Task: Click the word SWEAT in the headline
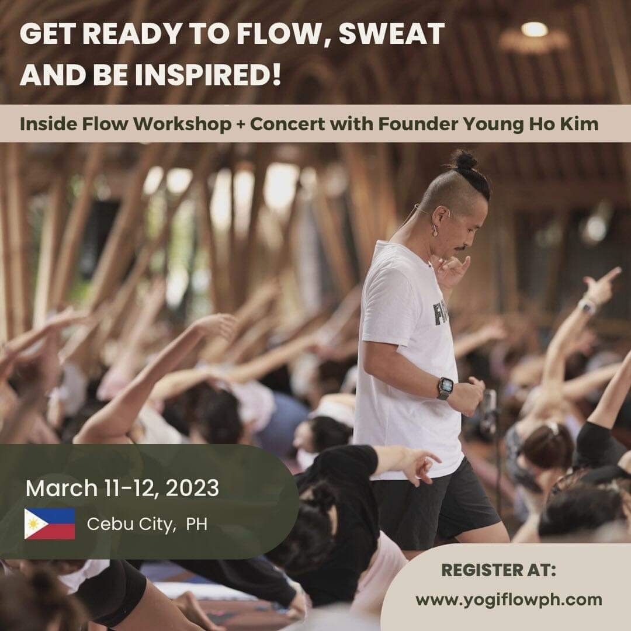[x=391, y=33]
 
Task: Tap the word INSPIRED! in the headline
[x=208, y=75]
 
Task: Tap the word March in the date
[x=61, y=488]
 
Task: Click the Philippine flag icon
[x=50, y=523]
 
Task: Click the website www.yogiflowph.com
[x=509, y=599]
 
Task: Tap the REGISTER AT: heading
[x=498, y=570]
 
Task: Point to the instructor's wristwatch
[x=445, y=389]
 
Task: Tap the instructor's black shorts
[x=435, y=505]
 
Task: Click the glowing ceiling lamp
[x=534, y=29]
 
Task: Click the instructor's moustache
[x=463, y=247]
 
